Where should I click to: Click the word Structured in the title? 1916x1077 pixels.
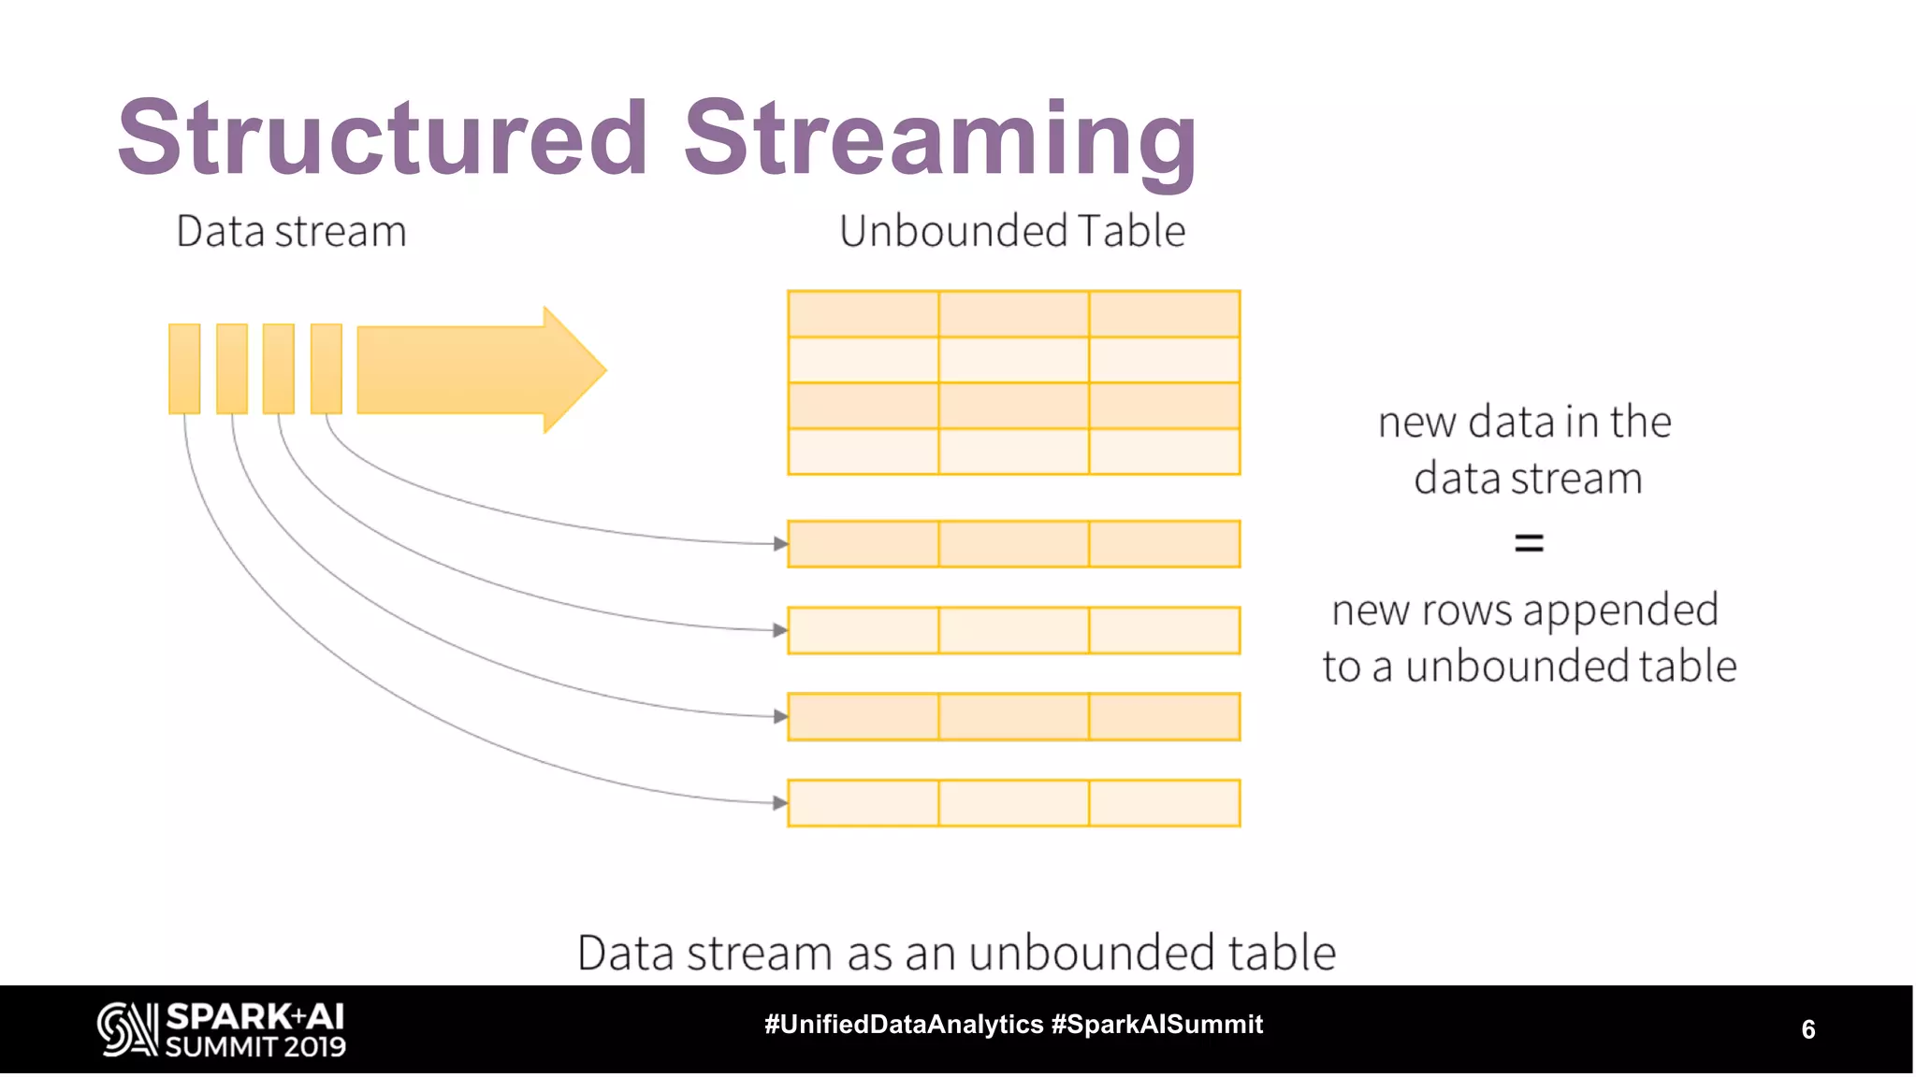382,137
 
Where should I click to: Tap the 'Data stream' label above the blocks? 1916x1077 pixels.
291,231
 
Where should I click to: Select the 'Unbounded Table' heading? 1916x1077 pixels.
1012,231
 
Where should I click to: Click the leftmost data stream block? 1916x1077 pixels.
184,368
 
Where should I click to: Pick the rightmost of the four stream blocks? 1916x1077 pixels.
327,368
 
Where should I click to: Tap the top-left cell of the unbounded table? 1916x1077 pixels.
863,314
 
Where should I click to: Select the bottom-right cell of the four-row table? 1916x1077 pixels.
1165,452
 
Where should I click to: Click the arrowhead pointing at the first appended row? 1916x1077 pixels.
780,543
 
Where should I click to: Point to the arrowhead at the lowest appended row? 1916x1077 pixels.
780,802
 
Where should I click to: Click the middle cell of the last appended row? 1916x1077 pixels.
1013,803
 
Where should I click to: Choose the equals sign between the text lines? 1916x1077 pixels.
1529,542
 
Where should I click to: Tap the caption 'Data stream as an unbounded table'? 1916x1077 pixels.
956,953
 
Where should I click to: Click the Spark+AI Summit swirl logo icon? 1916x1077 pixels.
127,1029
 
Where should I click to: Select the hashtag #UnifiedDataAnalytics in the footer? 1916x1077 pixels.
904,1025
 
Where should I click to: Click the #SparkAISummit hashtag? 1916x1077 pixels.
1157,1025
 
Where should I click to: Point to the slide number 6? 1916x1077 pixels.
1808,1029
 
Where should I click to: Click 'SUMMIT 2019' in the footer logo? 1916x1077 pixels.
255,1047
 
